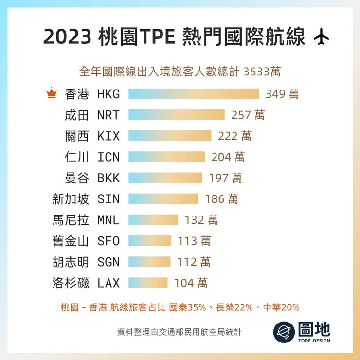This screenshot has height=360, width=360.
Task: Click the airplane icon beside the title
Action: pyautogui.click(x=322, y=37)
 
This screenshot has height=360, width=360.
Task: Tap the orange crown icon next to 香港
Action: pyautogui.click(x=51, y=93)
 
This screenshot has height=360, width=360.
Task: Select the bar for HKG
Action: pyautogui.click(x=194, y=94)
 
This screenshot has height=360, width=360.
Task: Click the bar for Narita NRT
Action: pyautogui.click(x=177, y=115)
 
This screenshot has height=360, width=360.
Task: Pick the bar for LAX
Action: pyautogui.click(x=148, y=283)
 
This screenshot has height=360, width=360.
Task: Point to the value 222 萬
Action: pyautogui.click(x=234, y=136)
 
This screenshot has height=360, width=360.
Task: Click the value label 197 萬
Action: pyautogui.click(x=225, y=178)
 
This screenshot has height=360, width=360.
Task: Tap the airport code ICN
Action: pyautogui.click(x=108, y=157)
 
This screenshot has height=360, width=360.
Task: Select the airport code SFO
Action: pyautogui.click(x=108, y=241)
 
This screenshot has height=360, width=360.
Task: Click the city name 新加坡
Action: pyautogui.click(x=71, y=199)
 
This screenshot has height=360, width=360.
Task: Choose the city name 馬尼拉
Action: pyautogui.click(x=71, y=220)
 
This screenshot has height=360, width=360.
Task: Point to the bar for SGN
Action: pyautogui.click(x=149, y=262)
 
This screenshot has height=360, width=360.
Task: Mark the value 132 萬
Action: pyautogui.click(x=201, y=220)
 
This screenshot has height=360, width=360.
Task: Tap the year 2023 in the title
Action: pyautogui.click(x=67, y=37)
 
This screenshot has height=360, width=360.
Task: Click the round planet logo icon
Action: pyautogui.click(x=284, y=332)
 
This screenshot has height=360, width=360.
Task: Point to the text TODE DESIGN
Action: pyautogui.click(x=314, y=340)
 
